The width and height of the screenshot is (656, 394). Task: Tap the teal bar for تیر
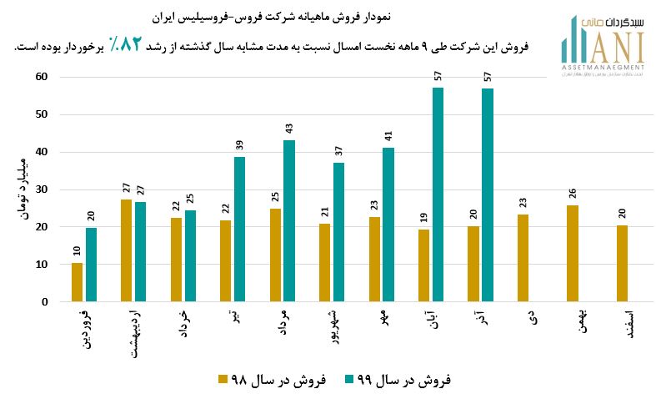pyautogui.click(x=240, y=229)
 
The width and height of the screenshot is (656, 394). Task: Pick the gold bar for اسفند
pyautogui.click(x=623, y=263)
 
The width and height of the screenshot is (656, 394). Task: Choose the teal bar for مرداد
pyautogui.click(x=289, y=220)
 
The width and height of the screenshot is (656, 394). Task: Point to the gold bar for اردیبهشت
pyautogui.click(x=127, y=250)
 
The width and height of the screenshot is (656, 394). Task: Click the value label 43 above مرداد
pyautogui.click(x=289, y=130)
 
